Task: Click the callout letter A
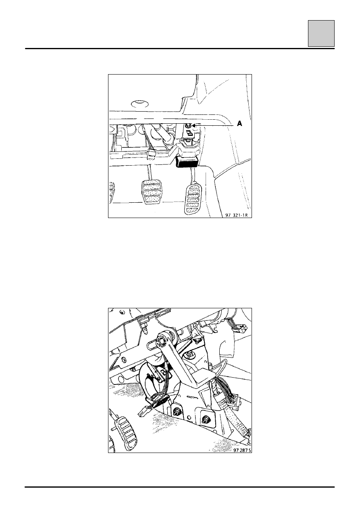[x=239, y=124]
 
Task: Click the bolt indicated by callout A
[x=188, y=125]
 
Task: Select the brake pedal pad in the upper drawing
[x=150, y=191]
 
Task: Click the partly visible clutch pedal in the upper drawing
[x=112, y=192]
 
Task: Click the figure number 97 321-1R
[x=236, y=215]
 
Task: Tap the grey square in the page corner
[x=321, y=33]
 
